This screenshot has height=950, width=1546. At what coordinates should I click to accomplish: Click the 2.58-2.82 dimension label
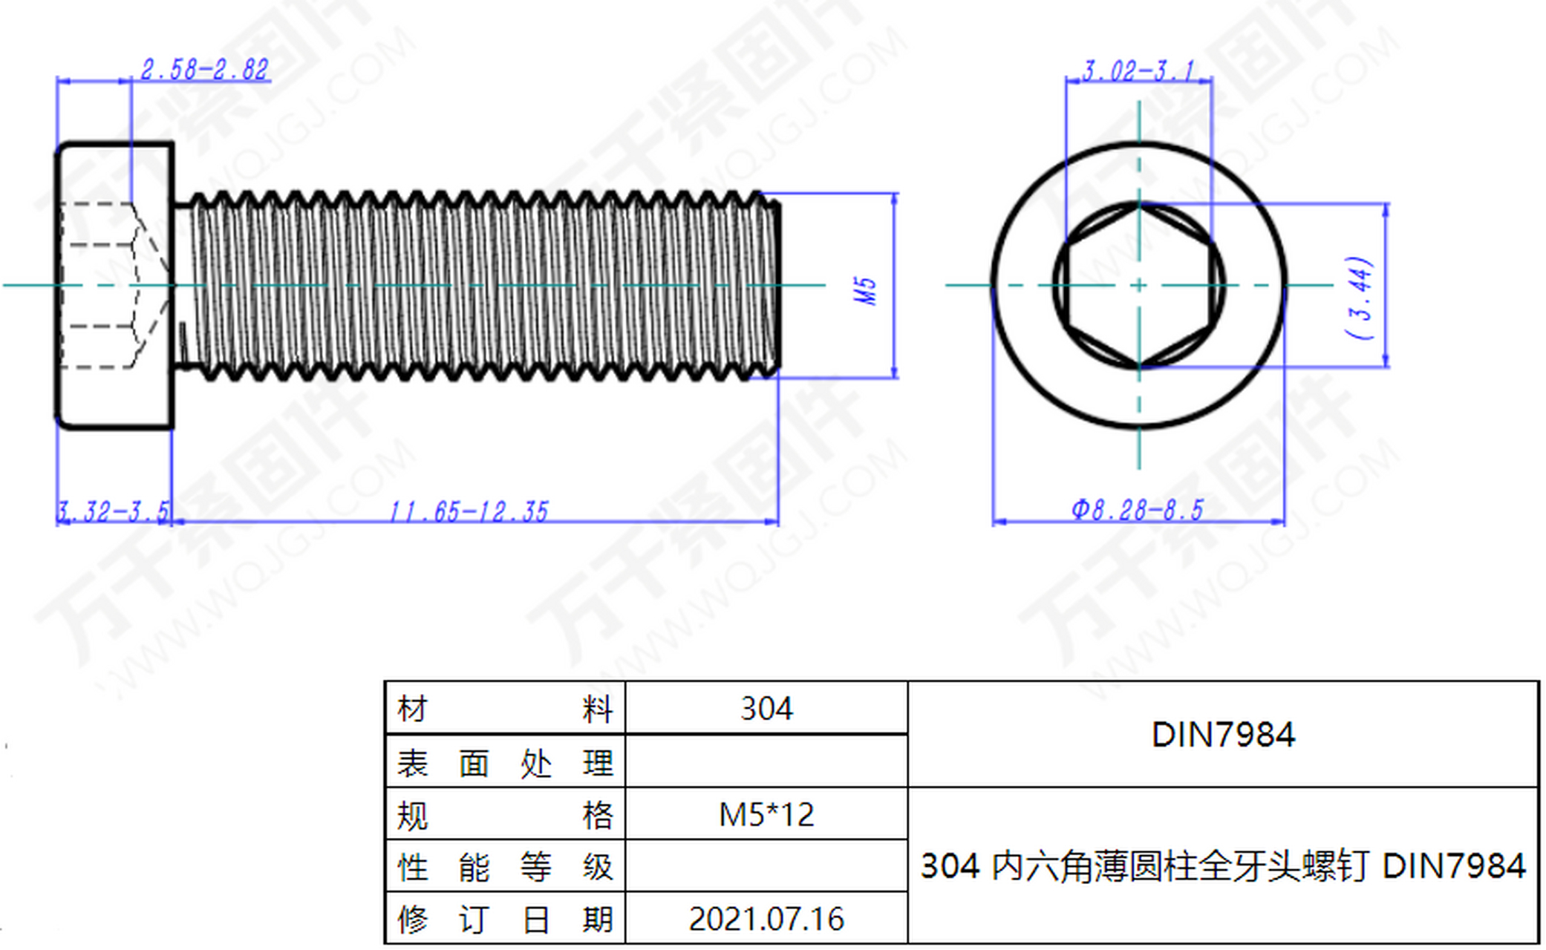tap(204, 70)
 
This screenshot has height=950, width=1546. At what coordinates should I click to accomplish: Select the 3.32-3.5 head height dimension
tap(113, 511)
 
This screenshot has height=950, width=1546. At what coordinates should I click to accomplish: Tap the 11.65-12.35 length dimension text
tap(469, 511)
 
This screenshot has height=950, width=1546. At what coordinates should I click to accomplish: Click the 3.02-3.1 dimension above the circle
tap(1138, 71)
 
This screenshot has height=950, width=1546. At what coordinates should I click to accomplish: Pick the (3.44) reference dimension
tap(1360, 298)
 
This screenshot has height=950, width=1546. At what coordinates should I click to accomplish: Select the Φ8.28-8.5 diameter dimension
tap(1137, 510)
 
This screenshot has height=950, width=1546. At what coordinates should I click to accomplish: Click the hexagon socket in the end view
tap(1139, 285)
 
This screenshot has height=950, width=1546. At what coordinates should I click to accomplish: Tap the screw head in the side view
tap(114, 286)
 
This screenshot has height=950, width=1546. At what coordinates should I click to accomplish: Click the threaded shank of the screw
tap(477, 286)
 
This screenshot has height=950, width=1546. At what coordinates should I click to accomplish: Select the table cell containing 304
tap(766, 708)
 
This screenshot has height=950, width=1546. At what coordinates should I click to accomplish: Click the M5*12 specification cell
tap(766, 814)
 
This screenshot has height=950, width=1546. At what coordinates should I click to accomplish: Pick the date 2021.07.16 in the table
tap(766, 919)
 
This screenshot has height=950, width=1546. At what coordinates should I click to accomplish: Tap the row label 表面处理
tap(505, 763)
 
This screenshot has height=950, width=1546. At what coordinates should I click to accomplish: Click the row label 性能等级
tap(505, 867)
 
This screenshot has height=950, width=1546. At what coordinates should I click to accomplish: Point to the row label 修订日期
tap(505, 920)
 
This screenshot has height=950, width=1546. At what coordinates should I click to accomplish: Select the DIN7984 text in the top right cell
tap(1223, 735)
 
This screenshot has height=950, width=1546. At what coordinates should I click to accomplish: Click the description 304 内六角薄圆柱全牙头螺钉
tap(1144, 866)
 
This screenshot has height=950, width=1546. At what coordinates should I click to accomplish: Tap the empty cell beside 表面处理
tap(766, 761)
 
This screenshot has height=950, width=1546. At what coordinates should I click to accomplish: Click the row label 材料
tap(505, 709)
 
